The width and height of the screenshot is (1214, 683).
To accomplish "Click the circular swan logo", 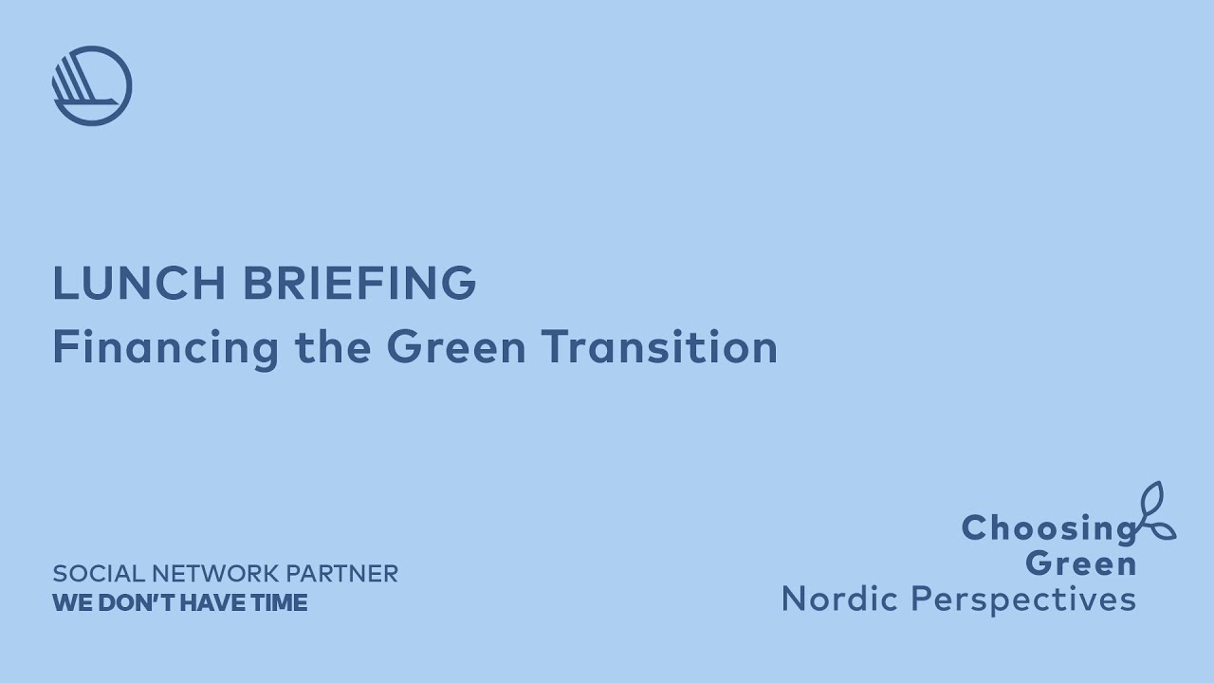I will [92, 85].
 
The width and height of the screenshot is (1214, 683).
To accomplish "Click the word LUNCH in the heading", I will [139, 283].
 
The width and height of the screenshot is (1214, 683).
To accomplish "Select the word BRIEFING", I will [359, 283].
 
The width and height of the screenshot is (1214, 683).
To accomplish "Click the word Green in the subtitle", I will [456, 347].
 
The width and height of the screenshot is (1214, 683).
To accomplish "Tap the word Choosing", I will [1048, 528].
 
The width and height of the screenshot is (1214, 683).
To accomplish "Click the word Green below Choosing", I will [1081, 563].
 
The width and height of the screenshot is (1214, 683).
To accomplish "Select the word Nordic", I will [838, 599].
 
